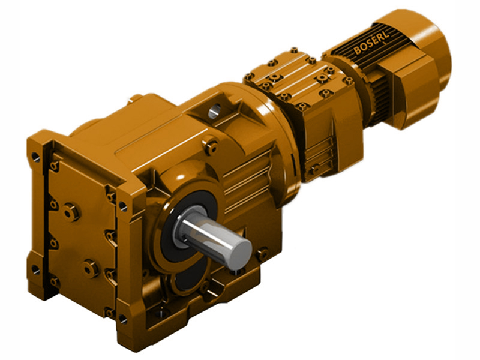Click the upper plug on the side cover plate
click(x=71, y=211)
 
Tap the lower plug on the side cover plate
click(x=91, y=268)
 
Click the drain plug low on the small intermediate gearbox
click(x=313, y=170)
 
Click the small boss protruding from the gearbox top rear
click(x=136, y=97)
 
